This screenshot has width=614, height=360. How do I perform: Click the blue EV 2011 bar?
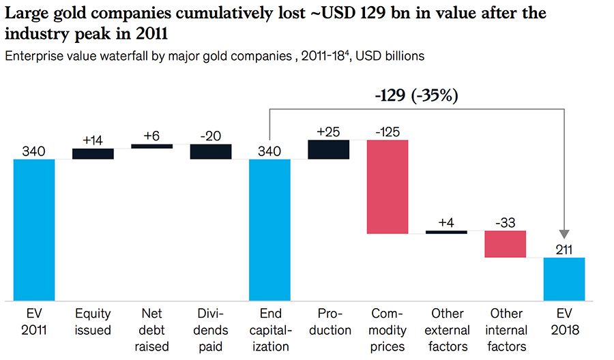click(33, 230)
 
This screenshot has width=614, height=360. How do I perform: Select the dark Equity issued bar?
click(93, 153)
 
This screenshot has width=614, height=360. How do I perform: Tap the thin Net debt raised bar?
click(151, 146)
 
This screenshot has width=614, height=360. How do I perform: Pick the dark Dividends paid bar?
click(211, 151)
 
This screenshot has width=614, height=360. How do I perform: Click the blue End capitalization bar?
click(269, 230)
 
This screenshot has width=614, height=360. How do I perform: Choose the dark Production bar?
click(329, 149)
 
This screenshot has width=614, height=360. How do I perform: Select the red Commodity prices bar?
click(388, 187)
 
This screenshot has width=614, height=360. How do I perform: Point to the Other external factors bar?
click(446, 232)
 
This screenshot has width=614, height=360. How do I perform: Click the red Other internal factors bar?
click(506, 244)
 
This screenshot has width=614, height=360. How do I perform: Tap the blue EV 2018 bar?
click(564, 279)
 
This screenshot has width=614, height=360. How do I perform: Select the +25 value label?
click(329, 131)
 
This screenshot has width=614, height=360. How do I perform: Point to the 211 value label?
click(564, 249)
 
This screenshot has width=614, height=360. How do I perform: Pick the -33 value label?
click(506, 222)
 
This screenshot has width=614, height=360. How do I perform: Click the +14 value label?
click(93, 140)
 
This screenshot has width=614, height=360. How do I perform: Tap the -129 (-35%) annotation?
click(416, 95)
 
